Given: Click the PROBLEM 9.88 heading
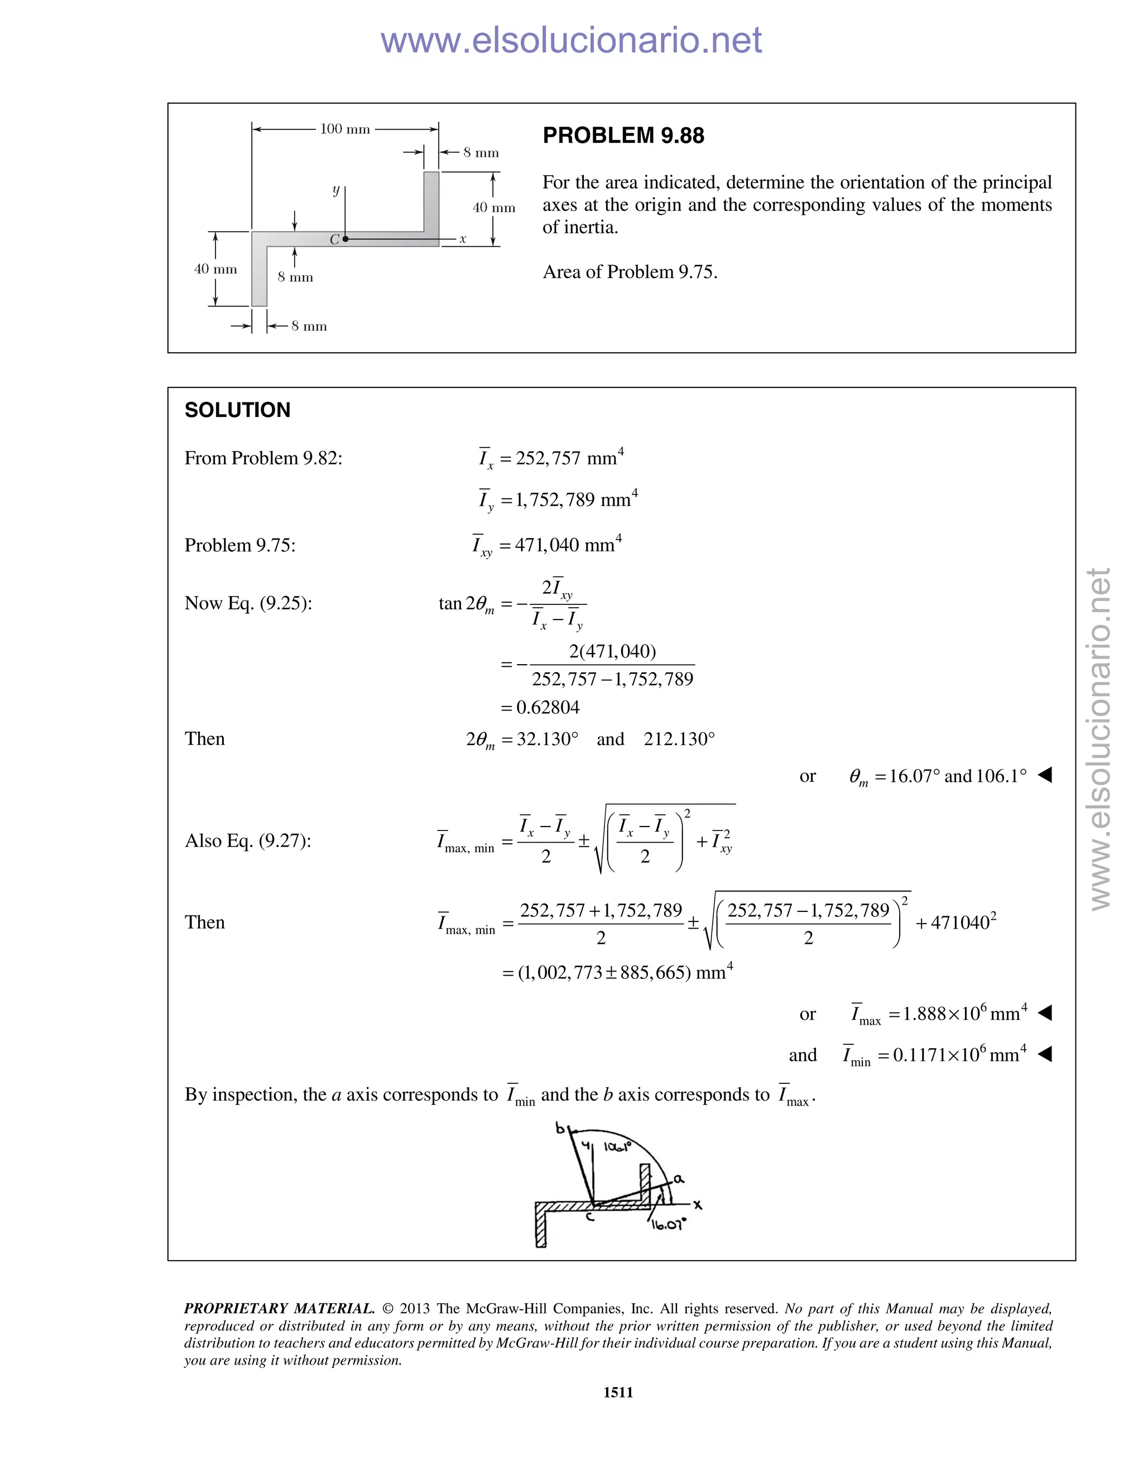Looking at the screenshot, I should point(623,136).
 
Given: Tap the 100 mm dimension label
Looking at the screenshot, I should point(345,129).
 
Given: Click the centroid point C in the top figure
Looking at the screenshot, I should point(345,239).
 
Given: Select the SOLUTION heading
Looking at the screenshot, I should point(237,410).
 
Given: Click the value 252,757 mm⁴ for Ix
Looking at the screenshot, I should point(569,458).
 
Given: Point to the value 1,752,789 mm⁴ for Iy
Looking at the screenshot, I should point(576,500).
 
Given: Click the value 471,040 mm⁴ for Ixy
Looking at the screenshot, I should point(568,545).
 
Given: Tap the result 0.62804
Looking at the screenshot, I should point(547,708).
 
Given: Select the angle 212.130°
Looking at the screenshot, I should point(679,739).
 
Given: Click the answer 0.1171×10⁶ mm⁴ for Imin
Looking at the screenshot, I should point(959,1055).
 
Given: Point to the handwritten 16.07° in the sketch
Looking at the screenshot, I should point(667,1225).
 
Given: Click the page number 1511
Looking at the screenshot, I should point(618,1392).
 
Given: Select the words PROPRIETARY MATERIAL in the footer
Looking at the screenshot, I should point(279,1308).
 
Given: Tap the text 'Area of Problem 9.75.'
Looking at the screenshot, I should point(630,272).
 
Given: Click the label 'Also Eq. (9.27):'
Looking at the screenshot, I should point(248,841).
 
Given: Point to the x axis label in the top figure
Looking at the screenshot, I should point(463,239).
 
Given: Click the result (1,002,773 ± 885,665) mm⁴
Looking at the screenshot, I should point(616,973).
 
